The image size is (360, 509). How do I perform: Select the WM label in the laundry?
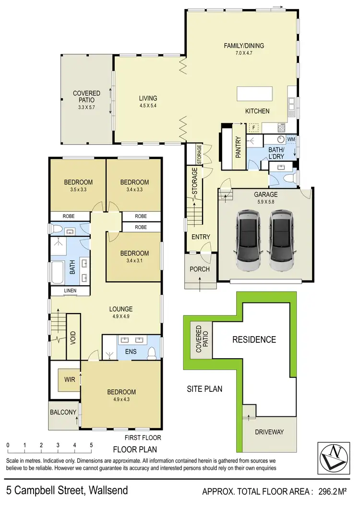[291, 139]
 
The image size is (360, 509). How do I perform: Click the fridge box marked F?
[254, 128]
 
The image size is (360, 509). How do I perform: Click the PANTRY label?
[238, 148]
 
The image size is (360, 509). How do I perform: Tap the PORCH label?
[200, 269]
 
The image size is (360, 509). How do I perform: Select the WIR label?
[70, 379]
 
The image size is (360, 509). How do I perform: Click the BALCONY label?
[63, 412]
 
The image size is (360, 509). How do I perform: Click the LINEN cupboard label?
[71, 291]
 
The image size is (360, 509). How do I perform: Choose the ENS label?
[131, 351]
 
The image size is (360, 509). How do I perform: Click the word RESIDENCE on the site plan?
[254, 339]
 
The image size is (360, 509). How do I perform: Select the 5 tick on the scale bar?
[91, 445]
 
